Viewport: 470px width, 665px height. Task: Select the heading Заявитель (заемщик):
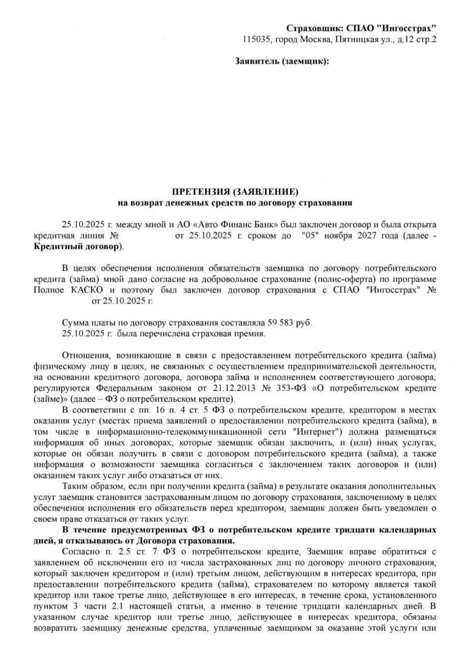coord(281,61)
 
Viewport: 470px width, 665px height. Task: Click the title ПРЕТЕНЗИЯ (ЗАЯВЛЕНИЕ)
coord(235,193)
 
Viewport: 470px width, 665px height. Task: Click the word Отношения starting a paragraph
coord(87,356)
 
